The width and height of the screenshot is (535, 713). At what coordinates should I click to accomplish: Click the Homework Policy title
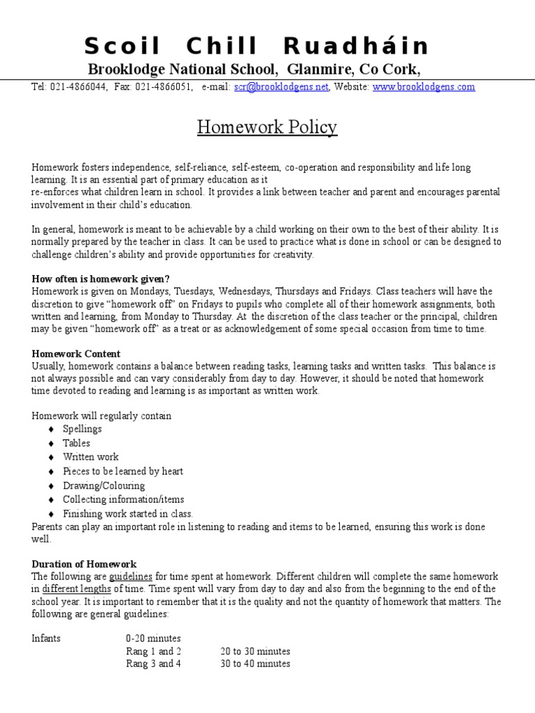[267, 127]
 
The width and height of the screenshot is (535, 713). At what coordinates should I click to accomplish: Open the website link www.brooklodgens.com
[424, 87]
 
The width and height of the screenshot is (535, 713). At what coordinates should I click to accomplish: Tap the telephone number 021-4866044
[77, 87]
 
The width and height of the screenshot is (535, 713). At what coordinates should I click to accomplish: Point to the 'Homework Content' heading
[76, 354]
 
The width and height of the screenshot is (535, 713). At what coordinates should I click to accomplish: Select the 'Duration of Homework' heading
[84, 564]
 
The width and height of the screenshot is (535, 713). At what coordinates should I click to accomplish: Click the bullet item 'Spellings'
[82, 429]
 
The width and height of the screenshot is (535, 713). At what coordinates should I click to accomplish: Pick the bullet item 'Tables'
[77, 443]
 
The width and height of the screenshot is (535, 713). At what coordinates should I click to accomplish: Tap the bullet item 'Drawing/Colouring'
[104, 485]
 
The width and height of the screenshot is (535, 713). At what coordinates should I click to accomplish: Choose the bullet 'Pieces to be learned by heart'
[123, 471]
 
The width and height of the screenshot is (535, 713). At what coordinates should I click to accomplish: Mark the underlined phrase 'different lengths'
[76, 589]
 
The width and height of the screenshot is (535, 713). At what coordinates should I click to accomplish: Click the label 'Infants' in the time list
[46, 638]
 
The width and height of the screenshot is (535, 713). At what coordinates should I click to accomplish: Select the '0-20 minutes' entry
[153, 638]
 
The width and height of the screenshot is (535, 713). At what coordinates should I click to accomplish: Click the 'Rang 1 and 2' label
[153, 652]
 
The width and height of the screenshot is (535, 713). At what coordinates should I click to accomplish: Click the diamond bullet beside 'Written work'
[51, 457]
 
